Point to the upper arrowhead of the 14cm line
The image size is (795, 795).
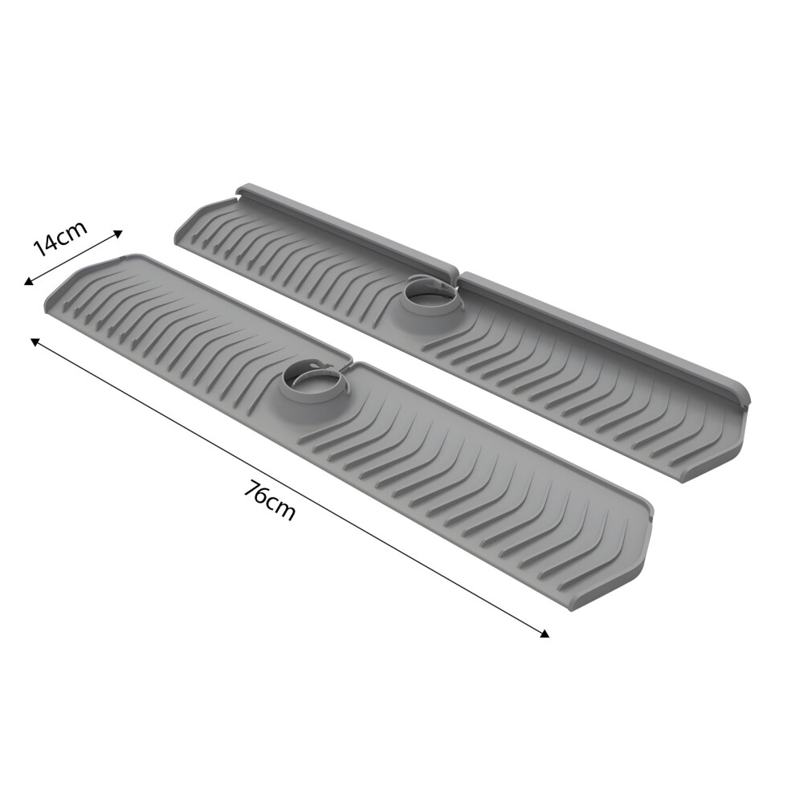click(117, 233)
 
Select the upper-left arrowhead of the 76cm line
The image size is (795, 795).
click(35, 342)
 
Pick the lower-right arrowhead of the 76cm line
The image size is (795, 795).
click(544, 634)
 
